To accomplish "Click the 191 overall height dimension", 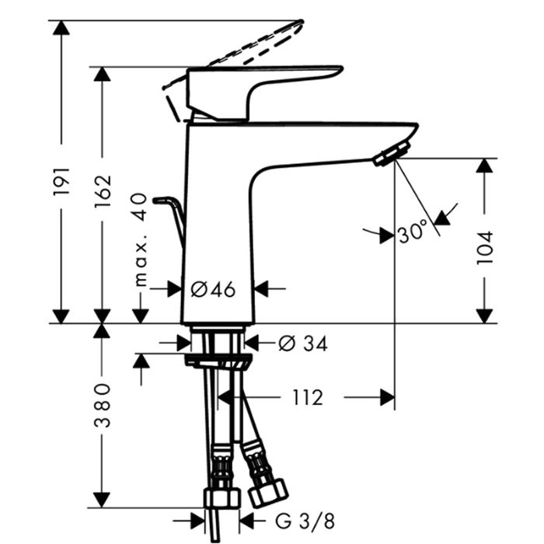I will (x=62, y=181).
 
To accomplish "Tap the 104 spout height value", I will (x=484, y=247).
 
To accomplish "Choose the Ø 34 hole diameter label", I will (x=302, y=342).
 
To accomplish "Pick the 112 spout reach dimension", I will (x=308, y=397).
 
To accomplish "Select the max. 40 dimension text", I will (x=140, y=239).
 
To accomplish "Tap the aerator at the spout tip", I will (x=388, y=155).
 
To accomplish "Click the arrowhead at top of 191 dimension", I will (x=62, y=28).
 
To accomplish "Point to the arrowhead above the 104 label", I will (x=485, y=166).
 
